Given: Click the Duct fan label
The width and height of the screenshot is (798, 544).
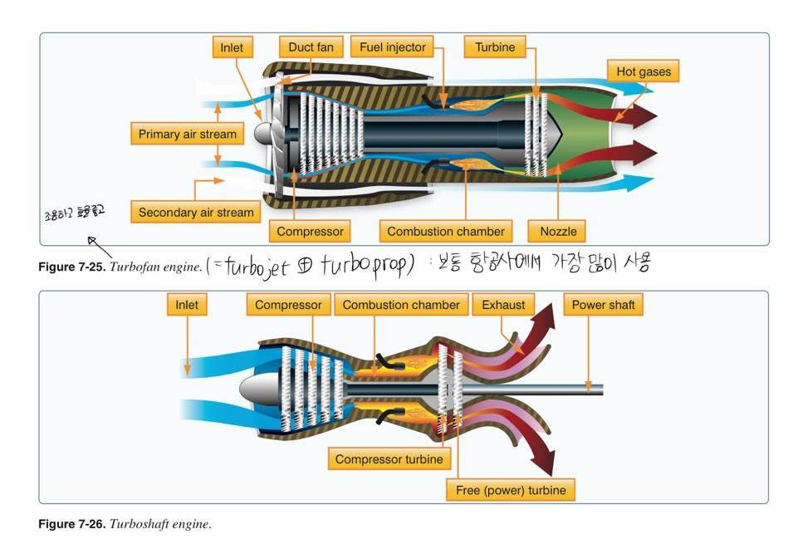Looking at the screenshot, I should [x=311, y=47].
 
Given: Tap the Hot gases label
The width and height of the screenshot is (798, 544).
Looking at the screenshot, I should [x=643, y=71].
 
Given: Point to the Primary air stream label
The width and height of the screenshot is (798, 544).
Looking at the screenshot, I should [x=187, y=134].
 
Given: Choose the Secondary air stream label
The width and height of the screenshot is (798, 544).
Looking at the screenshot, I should [x=196, y=212].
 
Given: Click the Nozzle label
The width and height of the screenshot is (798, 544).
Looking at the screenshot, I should [x=558, y=231].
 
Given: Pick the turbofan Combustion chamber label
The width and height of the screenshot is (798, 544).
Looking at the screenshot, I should [x=445, y=231].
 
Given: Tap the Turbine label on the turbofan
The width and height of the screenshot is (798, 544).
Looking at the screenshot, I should [x=495, y=47].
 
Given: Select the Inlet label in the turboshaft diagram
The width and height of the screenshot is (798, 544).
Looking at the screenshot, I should [x=187, y=305].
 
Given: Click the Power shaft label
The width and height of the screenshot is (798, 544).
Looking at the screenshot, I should [x=604, y=305].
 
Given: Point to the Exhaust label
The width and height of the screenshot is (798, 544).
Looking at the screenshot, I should [x=503, y=305].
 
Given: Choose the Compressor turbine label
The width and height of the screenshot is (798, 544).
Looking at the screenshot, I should [x=389, y=458].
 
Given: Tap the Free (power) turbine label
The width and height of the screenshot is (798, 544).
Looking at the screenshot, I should [x=511, y=490].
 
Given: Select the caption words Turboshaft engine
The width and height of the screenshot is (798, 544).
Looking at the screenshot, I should [x=160, y=524].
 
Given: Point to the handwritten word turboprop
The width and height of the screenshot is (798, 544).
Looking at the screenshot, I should [x=364, y=267].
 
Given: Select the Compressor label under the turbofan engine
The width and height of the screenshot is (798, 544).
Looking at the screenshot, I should [x=310, y=231].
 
